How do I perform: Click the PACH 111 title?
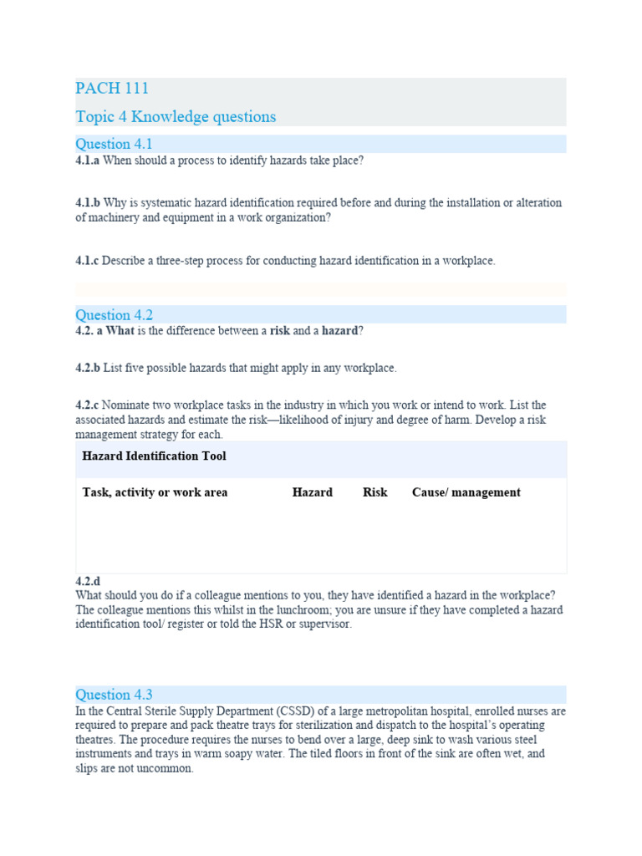112,89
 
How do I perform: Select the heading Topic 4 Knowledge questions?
176,117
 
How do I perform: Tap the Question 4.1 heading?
115,144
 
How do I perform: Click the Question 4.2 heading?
115,315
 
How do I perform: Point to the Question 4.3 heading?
115,695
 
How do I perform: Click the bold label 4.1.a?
87,160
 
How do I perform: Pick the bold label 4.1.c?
87,261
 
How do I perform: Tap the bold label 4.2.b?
88,368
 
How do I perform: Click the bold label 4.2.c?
87,405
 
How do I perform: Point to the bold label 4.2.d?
88,581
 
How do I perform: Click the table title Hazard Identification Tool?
154,456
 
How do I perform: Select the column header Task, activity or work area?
155,492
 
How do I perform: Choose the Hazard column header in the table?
312,492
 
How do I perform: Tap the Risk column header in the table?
374,492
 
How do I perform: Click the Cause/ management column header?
466,492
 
